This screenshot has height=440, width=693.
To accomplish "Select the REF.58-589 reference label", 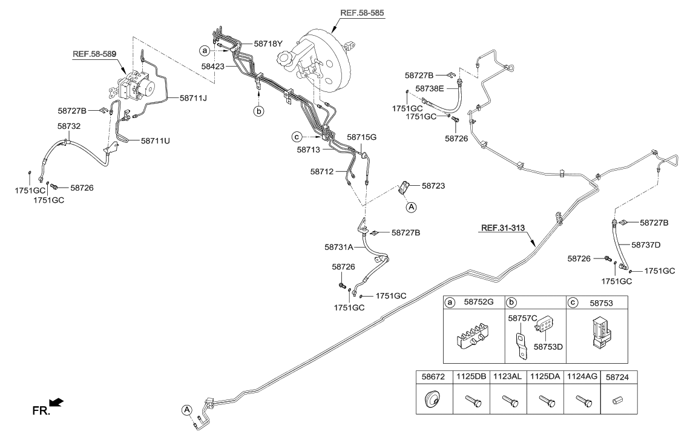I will (x=94, y=54).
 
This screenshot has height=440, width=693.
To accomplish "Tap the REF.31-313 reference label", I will (x=503, y=229).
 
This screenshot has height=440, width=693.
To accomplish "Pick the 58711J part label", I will (x=193, y=97).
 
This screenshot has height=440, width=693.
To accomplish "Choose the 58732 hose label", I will (x=70, y=126).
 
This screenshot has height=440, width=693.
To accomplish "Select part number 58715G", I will (x=361, y=137).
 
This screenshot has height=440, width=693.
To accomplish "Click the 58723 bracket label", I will (x=433, y=186).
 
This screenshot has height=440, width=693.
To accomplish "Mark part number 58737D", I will (x=645, y=245).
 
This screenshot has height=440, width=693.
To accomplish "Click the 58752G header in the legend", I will (x=478, y=301).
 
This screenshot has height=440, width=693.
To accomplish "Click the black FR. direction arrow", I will (x=56, y=402).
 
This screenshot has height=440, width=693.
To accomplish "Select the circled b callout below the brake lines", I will (x=259, y=111).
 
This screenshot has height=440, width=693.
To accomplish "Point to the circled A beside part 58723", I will (x=411, y=207).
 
